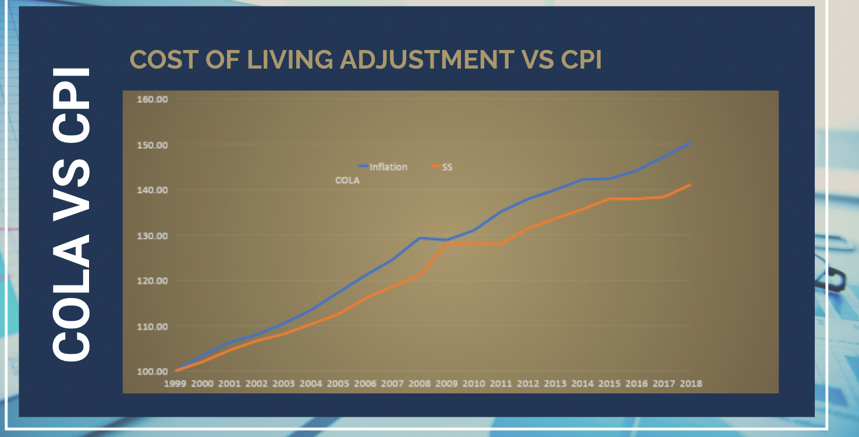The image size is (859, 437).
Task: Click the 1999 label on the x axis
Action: (x=175, y=384)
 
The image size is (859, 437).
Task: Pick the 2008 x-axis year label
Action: (x=420, y=384)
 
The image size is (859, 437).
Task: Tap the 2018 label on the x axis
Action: (x=691, y=384)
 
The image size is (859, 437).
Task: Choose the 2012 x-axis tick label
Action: (x=528, y=384)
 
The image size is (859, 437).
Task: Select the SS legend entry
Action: (x=447, y=167)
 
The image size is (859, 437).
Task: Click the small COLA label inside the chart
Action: (x=347, y=181)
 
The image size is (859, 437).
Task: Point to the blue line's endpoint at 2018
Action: (x=690, y=142)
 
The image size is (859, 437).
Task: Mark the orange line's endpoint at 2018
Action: (x=690, y=185)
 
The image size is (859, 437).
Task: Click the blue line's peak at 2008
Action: (x=420, y=238)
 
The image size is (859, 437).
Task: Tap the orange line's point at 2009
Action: (x=447, y=243)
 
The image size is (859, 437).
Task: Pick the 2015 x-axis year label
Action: (x=609, y=384)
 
